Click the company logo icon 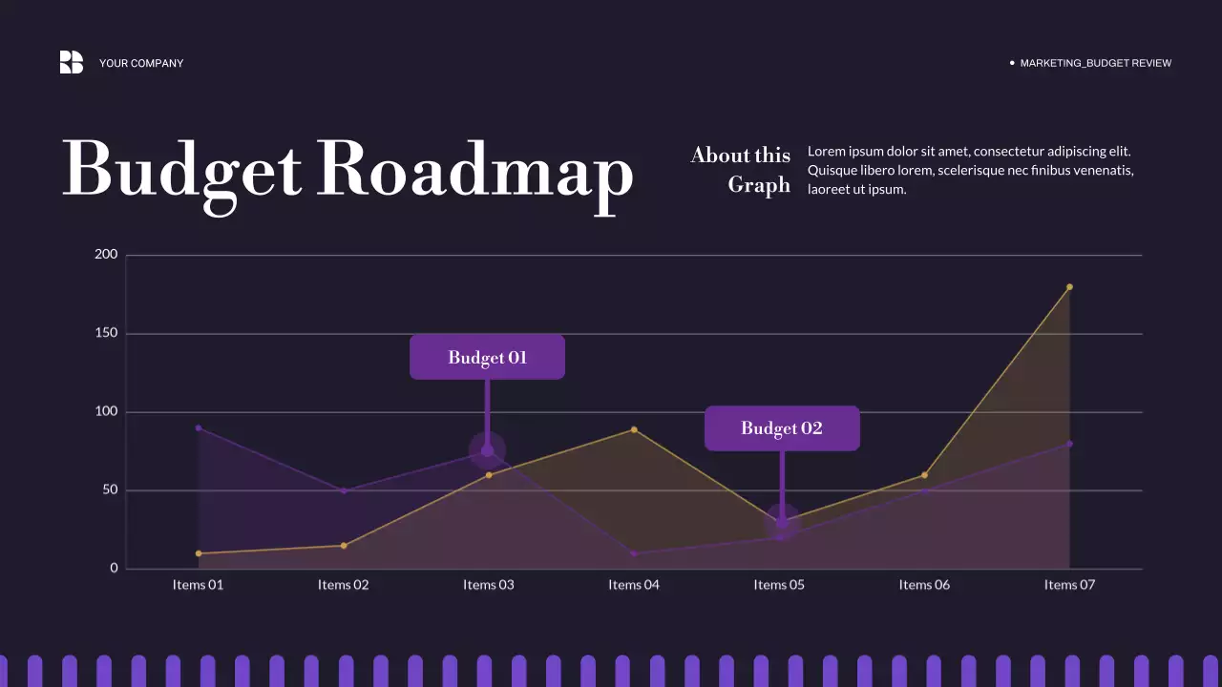[x=72, y=62]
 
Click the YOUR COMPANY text [x=141, y=63]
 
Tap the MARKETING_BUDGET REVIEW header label [x=1095, y=63]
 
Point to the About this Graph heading [x=741, y=170]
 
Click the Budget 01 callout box [x=487, y=358]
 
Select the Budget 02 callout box [x=782, y=428]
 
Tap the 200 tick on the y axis [x=106, y=255]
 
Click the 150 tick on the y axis [x=106, y=333]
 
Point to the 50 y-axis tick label [x=110, y=490]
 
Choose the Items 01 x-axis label [x=198, y=585]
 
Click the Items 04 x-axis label [x=634, y=585]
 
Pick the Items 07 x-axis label [x=1069, y=585]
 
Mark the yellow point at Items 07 [x=1069, y=286]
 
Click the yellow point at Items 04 [x=634, y=429]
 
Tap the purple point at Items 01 [x=199, y=427]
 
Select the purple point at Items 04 [x=634, y=553]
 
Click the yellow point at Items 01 [x=199, y=553]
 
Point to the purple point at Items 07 [x=1069, y=444]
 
